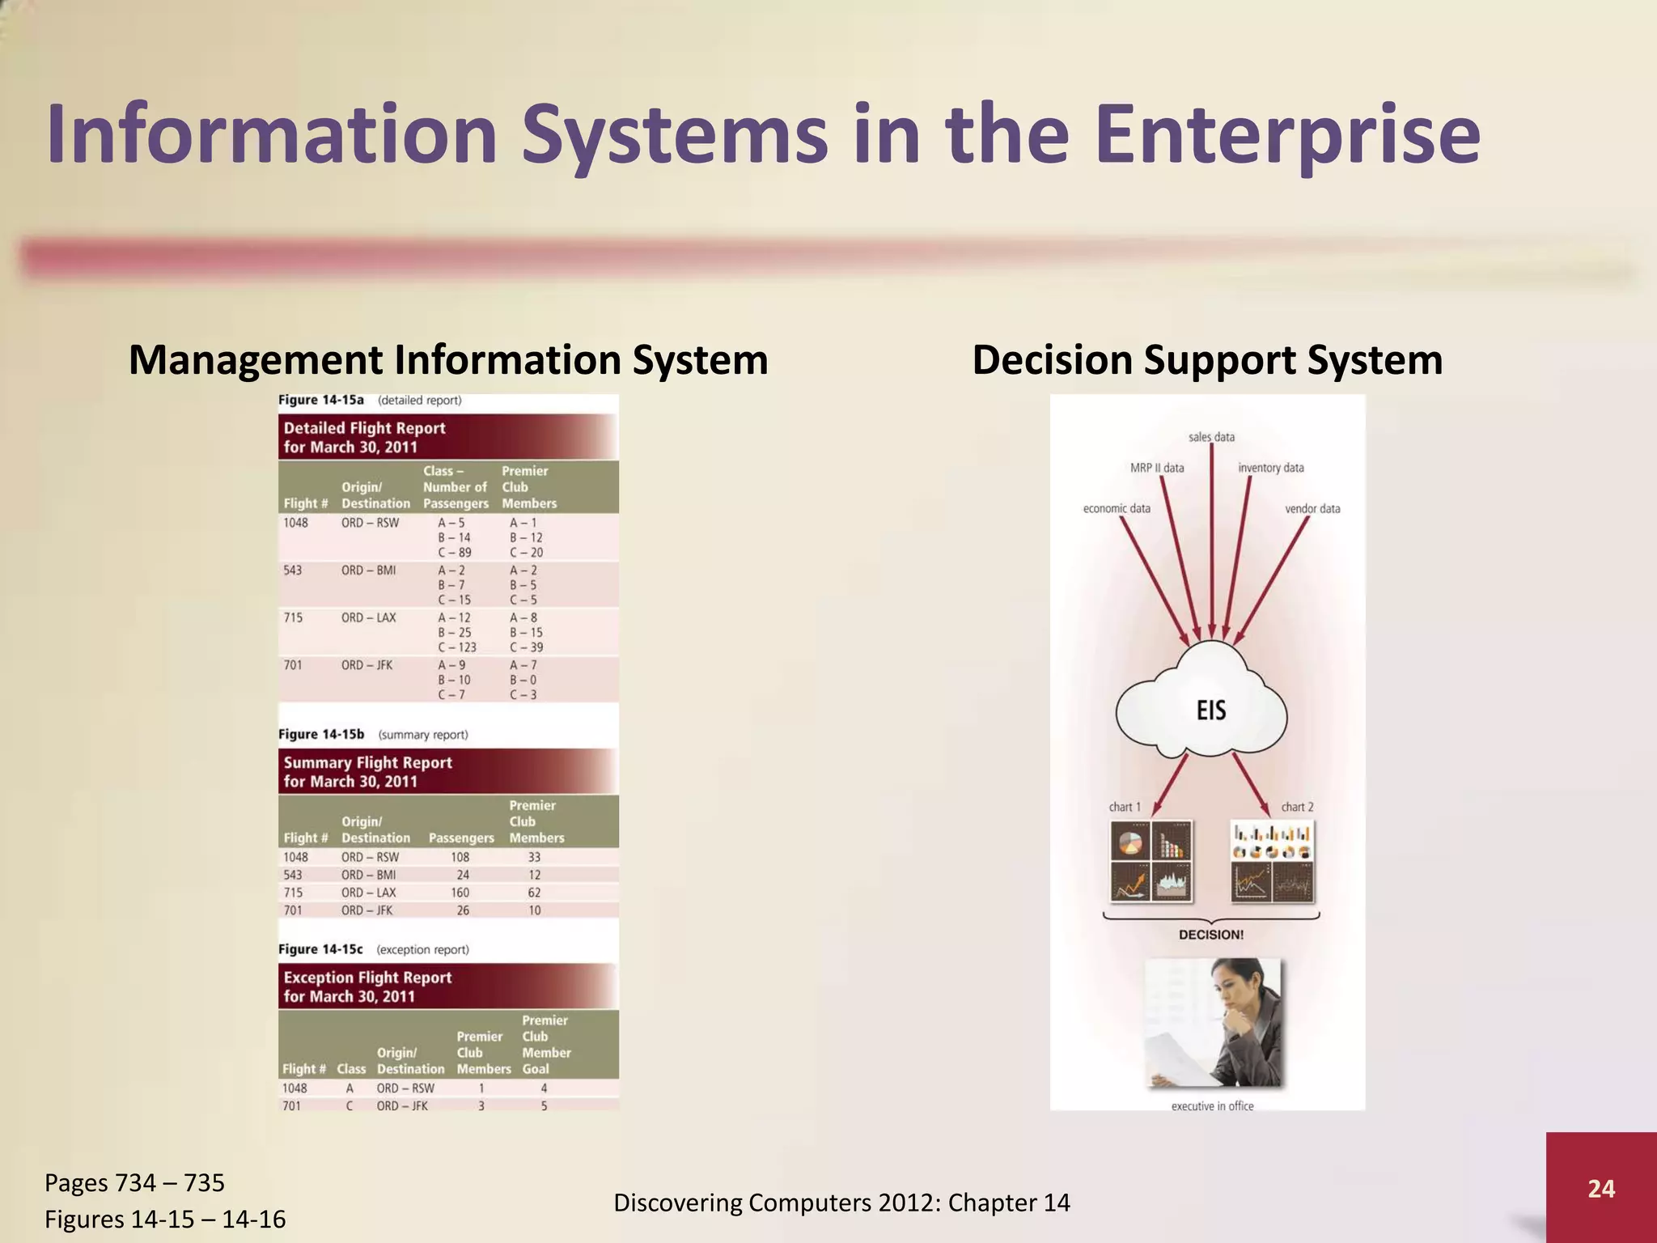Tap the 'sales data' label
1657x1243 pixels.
tap(1211, 437)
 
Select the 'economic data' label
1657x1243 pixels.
tap(1117, 508)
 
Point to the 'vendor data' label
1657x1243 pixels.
tap(1312, 508)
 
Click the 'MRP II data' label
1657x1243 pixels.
tap(1156, 468)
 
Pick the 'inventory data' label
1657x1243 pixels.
tap(1270, 468)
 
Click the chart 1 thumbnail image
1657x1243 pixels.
tap(1151, 861)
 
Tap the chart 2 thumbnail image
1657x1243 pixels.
tap(1272, 861)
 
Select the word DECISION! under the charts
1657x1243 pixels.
tap(1211, 935)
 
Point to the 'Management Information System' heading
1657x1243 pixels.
tap(448, 360)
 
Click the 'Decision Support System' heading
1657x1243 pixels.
tap(1207, 360)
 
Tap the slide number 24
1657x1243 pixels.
tap(1601, 1188)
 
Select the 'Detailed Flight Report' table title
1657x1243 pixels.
tap(364, 437)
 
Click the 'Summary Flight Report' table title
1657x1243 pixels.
tap(367, 771)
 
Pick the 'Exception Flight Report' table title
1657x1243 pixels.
tap(367, 986)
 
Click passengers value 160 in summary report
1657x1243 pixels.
tap(460, 893)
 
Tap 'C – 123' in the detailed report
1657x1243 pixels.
tap(457, 647)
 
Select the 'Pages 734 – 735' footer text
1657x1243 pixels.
tap(134, 1183)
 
